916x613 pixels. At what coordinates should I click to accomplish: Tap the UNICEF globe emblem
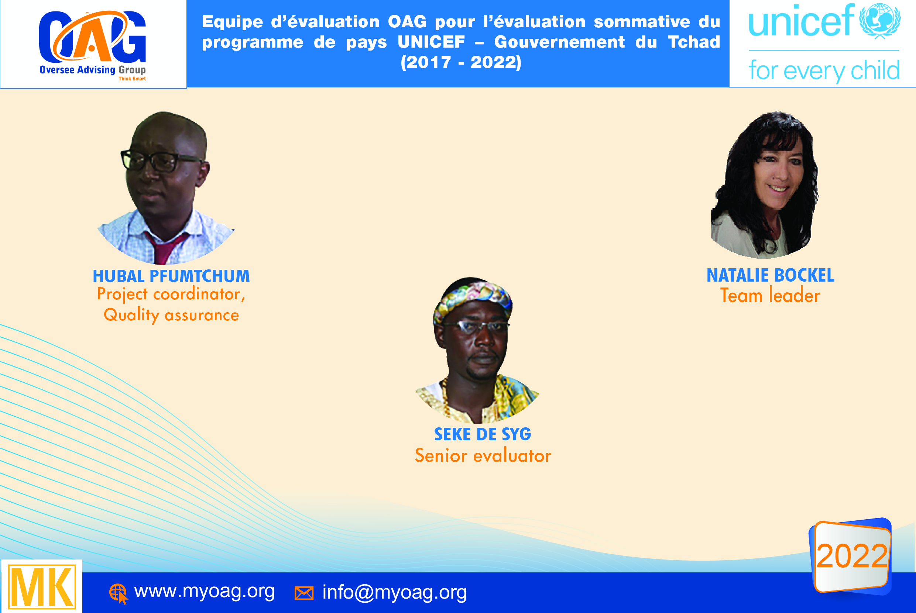coord(879,20)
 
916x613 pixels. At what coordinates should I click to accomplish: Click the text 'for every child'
coord(824,71)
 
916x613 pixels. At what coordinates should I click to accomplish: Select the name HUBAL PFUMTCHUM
coord(171,276)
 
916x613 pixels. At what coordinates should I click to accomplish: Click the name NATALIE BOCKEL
coord(770,275)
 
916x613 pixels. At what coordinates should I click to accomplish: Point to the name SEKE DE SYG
coord(482,434)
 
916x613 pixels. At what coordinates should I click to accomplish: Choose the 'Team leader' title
coord(770,296)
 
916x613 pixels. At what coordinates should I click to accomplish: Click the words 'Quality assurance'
coord(171,315)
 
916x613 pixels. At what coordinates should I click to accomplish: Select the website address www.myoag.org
coord(204,591)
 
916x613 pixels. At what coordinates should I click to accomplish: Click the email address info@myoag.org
coord(394,592)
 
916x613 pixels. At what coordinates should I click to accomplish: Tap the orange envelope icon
coord(304,593)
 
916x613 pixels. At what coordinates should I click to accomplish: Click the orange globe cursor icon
coord(118,593)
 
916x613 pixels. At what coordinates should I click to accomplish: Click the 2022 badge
coord(851,556)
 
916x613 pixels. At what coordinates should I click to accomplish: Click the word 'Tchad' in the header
coord(694,42)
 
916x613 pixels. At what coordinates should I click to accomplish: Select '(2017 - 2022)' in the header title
coord(461,62)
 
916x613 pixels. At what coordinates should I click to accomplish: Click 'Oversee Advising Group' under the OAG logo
coord(92,70)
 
